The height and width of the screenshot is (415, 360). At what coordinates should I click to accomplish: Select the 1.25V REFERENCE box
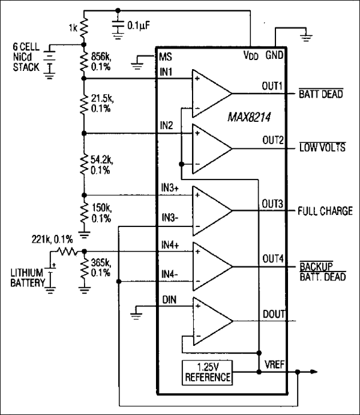[207, 372]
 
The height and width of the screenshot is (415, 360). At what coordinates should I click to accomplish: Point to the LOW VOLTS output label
[322, 148]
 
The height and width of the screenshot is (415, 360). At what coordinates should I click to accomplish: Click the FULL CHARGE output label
[325, 211]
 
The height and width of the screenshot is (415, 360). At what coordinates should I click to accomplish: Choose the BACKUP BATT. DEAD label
[319, 270]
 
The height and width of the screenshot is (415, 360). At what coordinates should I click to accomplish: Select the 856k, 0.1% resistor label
[100, 62]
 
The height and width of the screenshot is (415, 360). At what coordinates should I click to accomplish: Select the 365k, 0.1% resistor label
[100, 268]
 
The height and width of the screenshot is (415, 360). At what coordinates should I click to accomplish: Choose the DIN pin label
[169, 298]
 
